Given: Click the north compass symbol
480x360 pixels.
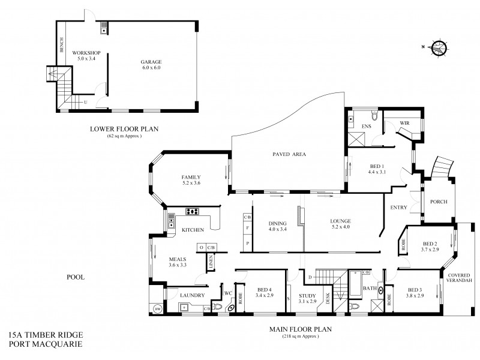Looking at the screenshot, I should click(440, 47).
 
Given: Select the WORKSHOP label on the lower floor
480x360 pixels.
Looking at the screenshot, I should click(85, 53).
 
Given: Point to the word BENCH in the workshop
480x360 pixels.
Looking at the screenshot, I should click(61, 44).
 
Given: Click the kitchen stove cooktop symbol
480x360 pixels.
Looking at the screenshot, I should click(193, 211).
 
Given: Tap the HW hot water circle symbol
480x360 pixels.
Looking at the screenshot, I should click(158, 309).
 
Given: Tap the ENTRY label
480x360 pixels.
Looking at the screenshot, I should click(398, 208).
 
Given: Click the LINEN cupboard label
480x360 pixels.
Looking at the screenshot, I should click(211, 262).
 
